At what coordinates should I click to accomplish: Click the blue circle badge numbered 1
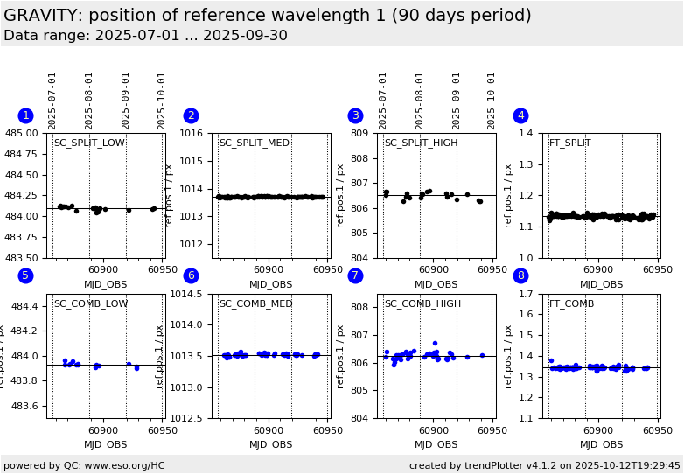coord(25,115)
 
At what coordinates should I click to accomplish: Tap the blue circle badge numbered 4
coord(520,115)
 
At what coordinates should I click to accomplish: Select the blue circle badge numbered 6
coord(191,275)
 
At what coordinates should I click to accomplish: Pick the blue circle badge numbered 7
coord(355,275)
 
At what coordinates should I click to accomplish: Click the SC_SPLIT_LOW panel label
coord(89,143)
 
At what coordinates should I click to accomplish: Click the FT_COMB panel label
coord(571,304)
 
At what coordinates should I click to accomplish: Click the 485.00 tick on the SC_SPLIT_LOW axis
coord(24,133)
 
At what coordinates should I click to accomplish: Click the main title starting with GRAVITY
coord(267,16)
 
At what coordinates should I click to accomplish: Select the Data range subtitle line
coord(145,36)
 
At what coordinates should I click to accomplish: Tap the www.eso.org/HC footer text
coord(84,465)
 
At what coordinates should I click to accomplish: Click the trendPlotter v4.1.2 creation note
coord(545,465)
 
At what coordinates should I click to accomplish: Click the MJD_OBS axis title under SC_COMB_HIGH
coord(436,444)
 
